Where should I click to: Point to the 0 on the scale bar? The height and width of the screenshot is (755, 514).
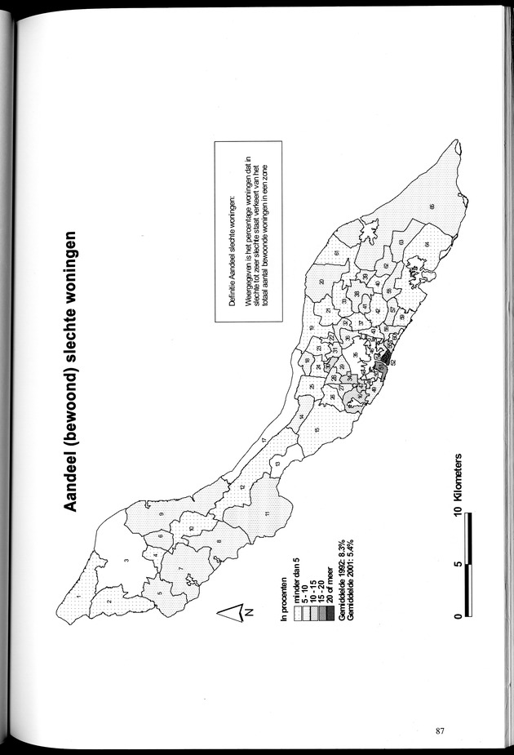[x=462, y=616]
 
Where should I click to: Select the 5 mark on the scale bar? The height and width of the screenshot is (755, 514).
[x=462, y=563]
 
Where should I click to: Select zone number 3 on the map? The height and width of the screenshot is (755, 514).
[x=127, y=561]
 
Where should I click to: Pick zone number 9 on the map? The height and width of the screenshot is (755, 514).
[x=162, y=512]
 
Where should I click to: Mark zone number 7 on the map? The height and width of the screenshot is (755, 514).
[x=180, y=568]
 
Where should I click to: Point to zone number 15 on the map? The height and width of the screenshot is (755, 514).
[x=317, y=431]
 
